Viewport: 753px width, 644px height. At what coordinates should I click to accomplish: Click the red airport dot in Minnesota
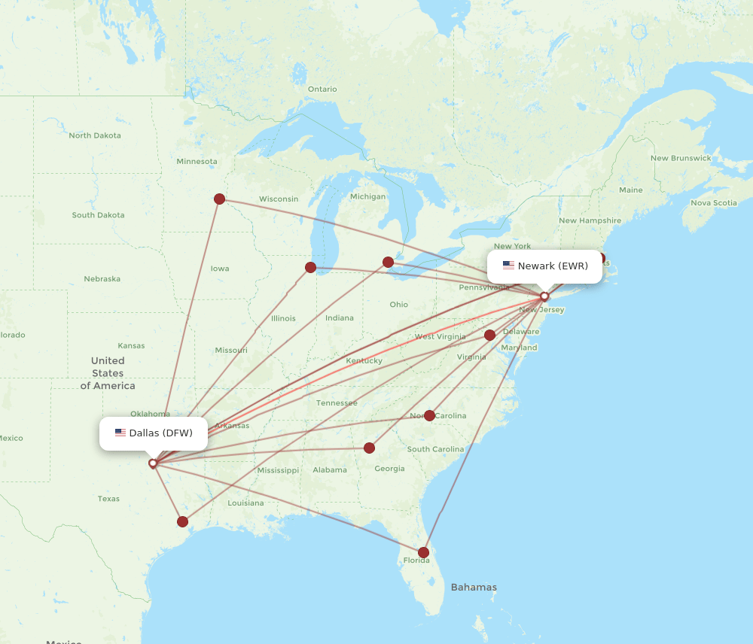[x=219, y=199]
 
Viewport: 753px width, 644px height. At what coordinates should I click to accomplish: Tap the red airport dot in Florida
[x=423, y=552]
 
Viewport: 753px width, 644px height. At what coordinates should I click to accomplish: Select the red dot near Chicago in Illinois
[x=310, y=267]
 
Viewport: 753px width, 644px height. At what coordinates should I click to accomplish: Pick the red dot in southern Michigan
[x=388, y=262]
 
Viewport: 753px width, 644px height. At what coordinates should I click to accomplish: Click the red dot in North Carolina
[x=429, y=415]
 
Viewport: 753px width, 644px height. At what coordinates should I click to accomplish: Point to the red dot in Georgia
[x=369, y=448]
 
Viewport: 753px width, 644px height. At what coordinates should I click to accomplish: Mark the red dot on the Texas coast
[x=182, y=521]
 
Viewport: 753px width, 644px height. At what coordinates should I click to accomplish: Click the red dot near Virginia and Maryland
[x=490, y=335]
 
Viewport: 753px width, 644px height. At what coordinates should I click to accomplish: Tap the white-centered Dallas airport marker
[x=153, y=463]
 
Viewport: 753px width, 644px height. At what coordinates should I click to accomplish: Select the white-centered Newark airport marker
[x=544, y=296]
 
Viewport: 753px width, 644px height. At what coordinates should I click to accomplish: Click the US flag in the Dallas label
[x=120, y=433]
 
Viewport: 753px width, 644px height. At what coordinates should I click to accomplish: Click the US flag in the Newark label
[x=508, y=266]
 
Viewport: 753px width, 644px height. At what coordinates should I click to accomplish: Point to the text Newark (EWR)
[x=553, y=266]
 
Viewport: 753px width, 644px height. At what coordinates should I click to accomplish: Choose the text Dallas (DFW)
[x=160, y=433]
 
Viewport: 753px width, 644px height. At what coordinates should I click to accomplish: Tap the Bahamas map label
[x=474, y=587]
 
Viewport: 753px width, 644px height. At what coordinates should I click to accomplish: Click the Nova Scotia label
[x=713, y=202]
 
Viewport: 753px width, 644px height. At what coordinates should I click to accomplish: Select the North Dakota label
[x=95, y=135]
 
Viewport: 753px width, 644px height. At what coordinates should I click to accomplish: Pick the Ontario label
[x=322, y=89]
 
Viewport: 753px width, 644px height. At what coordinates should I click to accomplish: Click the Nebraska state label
[x=102, y=279]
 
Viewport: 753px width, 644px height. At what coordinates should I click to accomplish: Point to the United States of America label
[x=108, y=373]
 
